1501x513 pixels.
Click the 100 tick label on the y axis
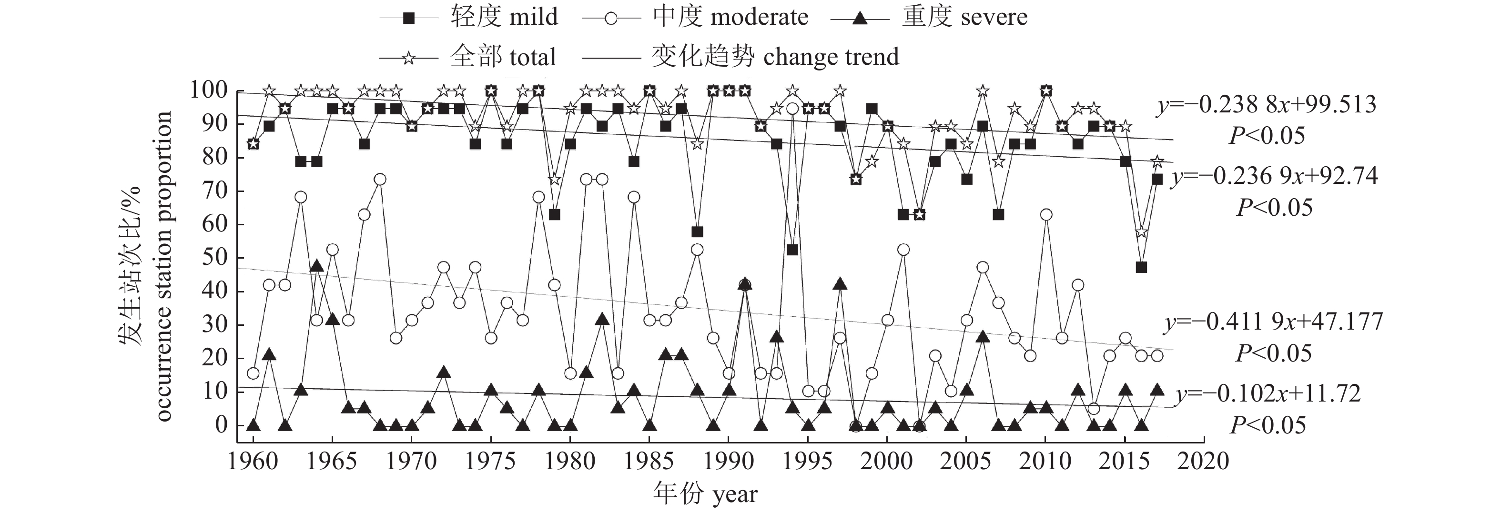pos(209,90)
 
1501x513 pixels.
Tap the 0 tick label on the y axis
pos(222,424)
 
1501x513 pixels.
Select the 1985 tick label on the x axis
pos(649,461)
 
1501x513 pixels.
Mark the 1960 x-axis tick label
pos(253,461)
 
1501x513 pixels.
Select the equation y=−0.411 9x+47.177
pos(1273,322)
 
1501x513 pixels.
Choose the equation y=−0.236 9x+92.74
pos(1275,176)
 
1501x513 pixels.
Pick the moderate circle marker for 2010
pos(1046,215)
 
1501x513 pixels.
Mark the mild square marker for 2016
pos(1142,267)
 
